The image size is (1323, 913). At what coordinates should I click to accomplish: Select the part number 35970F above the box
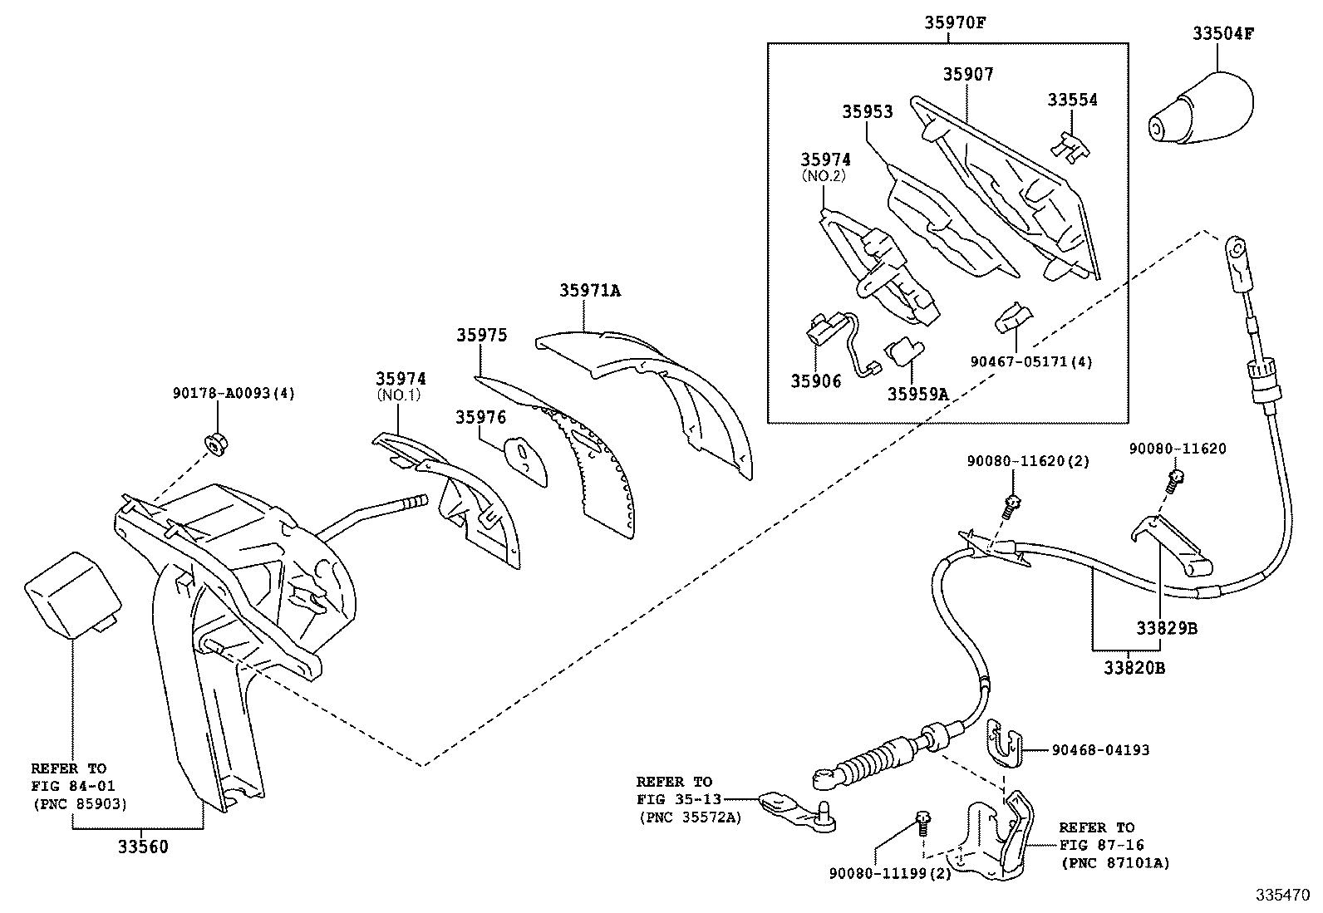tap(955, 22)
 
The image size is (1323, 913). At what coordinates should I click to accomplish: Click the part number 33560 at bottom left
tap(142, 847)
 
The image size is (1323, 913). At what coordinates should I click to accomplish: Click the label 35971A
tap(589, 290)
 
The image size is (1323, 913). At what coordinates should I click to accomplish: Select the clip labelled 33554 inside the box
tap(1071, 145)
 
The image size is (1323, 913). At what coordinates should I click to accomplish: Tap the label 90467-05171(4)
tap(1031, 361)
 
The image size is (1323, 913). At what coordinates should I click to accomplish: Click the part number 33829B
tap(1167, 628)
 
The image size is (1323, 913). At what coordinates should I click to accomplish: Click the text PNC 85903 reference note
tap(80, 803)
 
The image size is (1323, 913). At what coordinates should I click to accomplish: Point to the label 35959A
tap(917, 395)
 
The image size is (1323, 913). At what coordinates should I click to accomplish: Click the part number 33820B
tap(1134, 667)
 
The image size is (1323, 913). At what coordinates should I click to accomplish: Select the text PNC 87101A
tap(1114, 863)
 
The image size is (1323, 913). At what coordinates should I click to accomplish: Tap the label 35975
tap(480, 335)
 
